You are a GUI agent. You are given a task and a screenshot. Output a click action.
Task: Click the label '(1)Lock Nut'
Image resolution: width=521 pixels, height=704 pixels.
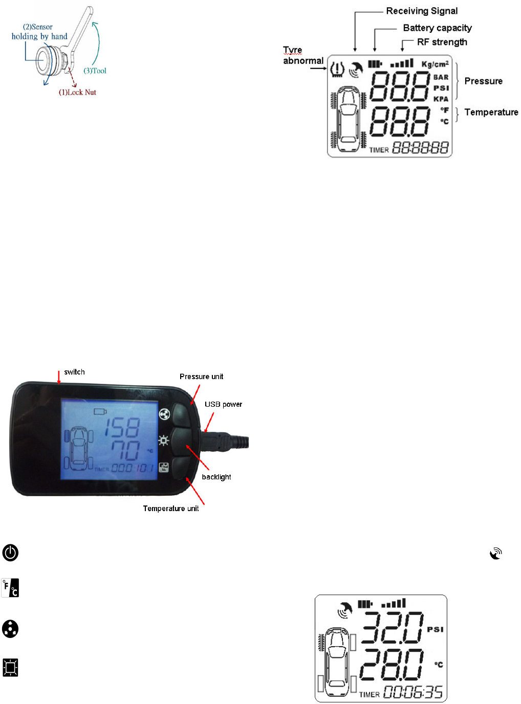tap(77, 93)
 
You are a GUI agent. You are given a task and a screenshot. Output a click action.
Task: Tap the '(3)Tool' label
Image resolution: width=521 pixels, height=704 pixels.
tap(95, 71)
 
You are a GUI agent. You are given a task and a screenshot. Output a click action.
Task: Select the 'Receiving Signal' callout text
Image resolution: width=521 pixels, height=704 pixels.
tap(422, 11)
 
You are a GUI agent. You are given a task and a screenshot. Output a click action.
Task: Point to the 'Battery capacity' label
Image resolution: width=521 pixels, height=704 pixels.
tap(437, 28)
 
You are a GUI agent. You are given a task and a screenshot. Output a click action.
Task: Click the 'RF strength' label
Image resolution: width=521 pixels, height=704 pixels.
tap(442, 42)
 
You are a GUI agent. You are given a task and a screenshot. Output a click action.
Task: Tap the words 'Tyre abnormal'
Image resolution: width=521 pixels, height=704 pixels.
tap(302, 56)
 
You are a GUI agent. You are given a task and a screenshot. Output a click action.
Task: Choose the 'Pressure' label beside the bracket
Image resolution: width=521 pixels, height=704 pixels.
tap(483, 81)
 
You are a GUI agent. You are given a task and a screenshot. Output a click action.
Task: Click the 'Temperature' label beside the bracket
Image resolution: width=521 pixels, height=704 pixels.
tap(491, 113)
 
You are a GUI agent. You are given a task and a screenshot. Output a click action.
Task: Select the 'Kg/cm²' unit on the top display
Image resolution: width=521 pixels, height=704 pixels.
tap(435, 64)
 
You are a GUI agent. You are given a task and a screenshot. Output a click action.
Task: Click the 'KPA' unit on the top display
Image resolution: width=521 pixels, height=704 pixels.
tap(441, 99)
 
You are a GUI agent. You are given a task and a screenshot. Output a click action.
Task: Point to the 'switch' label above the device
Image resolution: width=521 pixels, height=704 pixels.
tap(74, 372)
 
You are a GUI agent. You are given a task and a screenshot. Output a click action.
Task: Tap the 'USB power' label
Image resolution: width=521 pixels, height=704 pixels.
tap(223, 404)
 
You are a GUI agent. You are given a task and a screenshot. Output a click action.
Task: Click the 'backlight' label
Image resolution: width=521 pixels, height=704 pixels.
tap(216, 477)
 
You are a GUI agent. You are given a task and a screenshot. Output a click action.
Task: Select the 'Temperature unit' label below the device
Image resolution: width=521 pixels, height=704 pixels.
tap(170, 509)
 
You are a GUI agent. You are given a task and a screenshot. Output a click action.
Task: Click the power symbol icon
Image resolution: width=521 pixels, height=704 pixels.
tap(10, 553)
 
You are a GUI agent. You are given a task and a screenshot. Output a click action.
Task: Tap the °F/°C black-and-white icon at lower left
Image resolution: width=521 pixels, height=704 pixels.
tap(10, 588)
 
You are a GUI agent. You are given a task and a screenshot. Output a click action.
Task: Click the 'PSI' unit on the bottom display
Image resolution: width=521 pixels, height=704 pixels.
tap(435, 629)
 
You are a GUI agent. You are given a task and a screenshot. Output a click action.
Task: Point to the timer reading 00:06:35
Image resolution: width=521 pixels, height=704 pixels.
tap(413, 692)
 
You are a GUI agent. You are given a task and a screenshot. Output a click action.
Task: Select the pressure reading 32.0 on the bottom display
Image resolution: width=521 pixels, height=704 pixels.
tap(393, 628)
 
